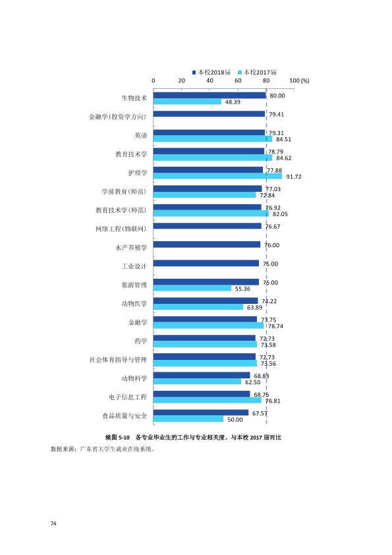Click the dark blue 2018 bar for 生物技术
210,96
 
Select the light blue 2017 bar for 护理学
217,176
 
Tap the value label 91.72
294,177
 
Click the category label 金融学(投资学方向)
117,117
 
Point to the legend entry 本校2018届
211,73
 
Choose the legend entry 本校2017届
257,73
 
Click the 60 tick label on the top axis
238,80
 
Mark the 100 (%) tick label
299,80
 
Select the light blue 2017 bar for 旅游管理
192,289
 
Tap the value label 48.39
233,102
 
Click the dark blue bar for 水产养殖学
207,245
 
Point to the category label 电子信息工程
128,397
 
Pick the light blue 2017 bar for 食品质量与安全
188,419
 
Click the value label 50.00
235,420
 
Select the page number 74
53,523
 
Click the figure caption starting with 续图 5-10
193,438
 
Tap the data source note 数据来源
103,449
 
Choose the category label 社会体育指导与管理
118,360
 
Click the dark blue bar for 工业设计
206,264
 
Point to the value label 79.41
276,114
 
